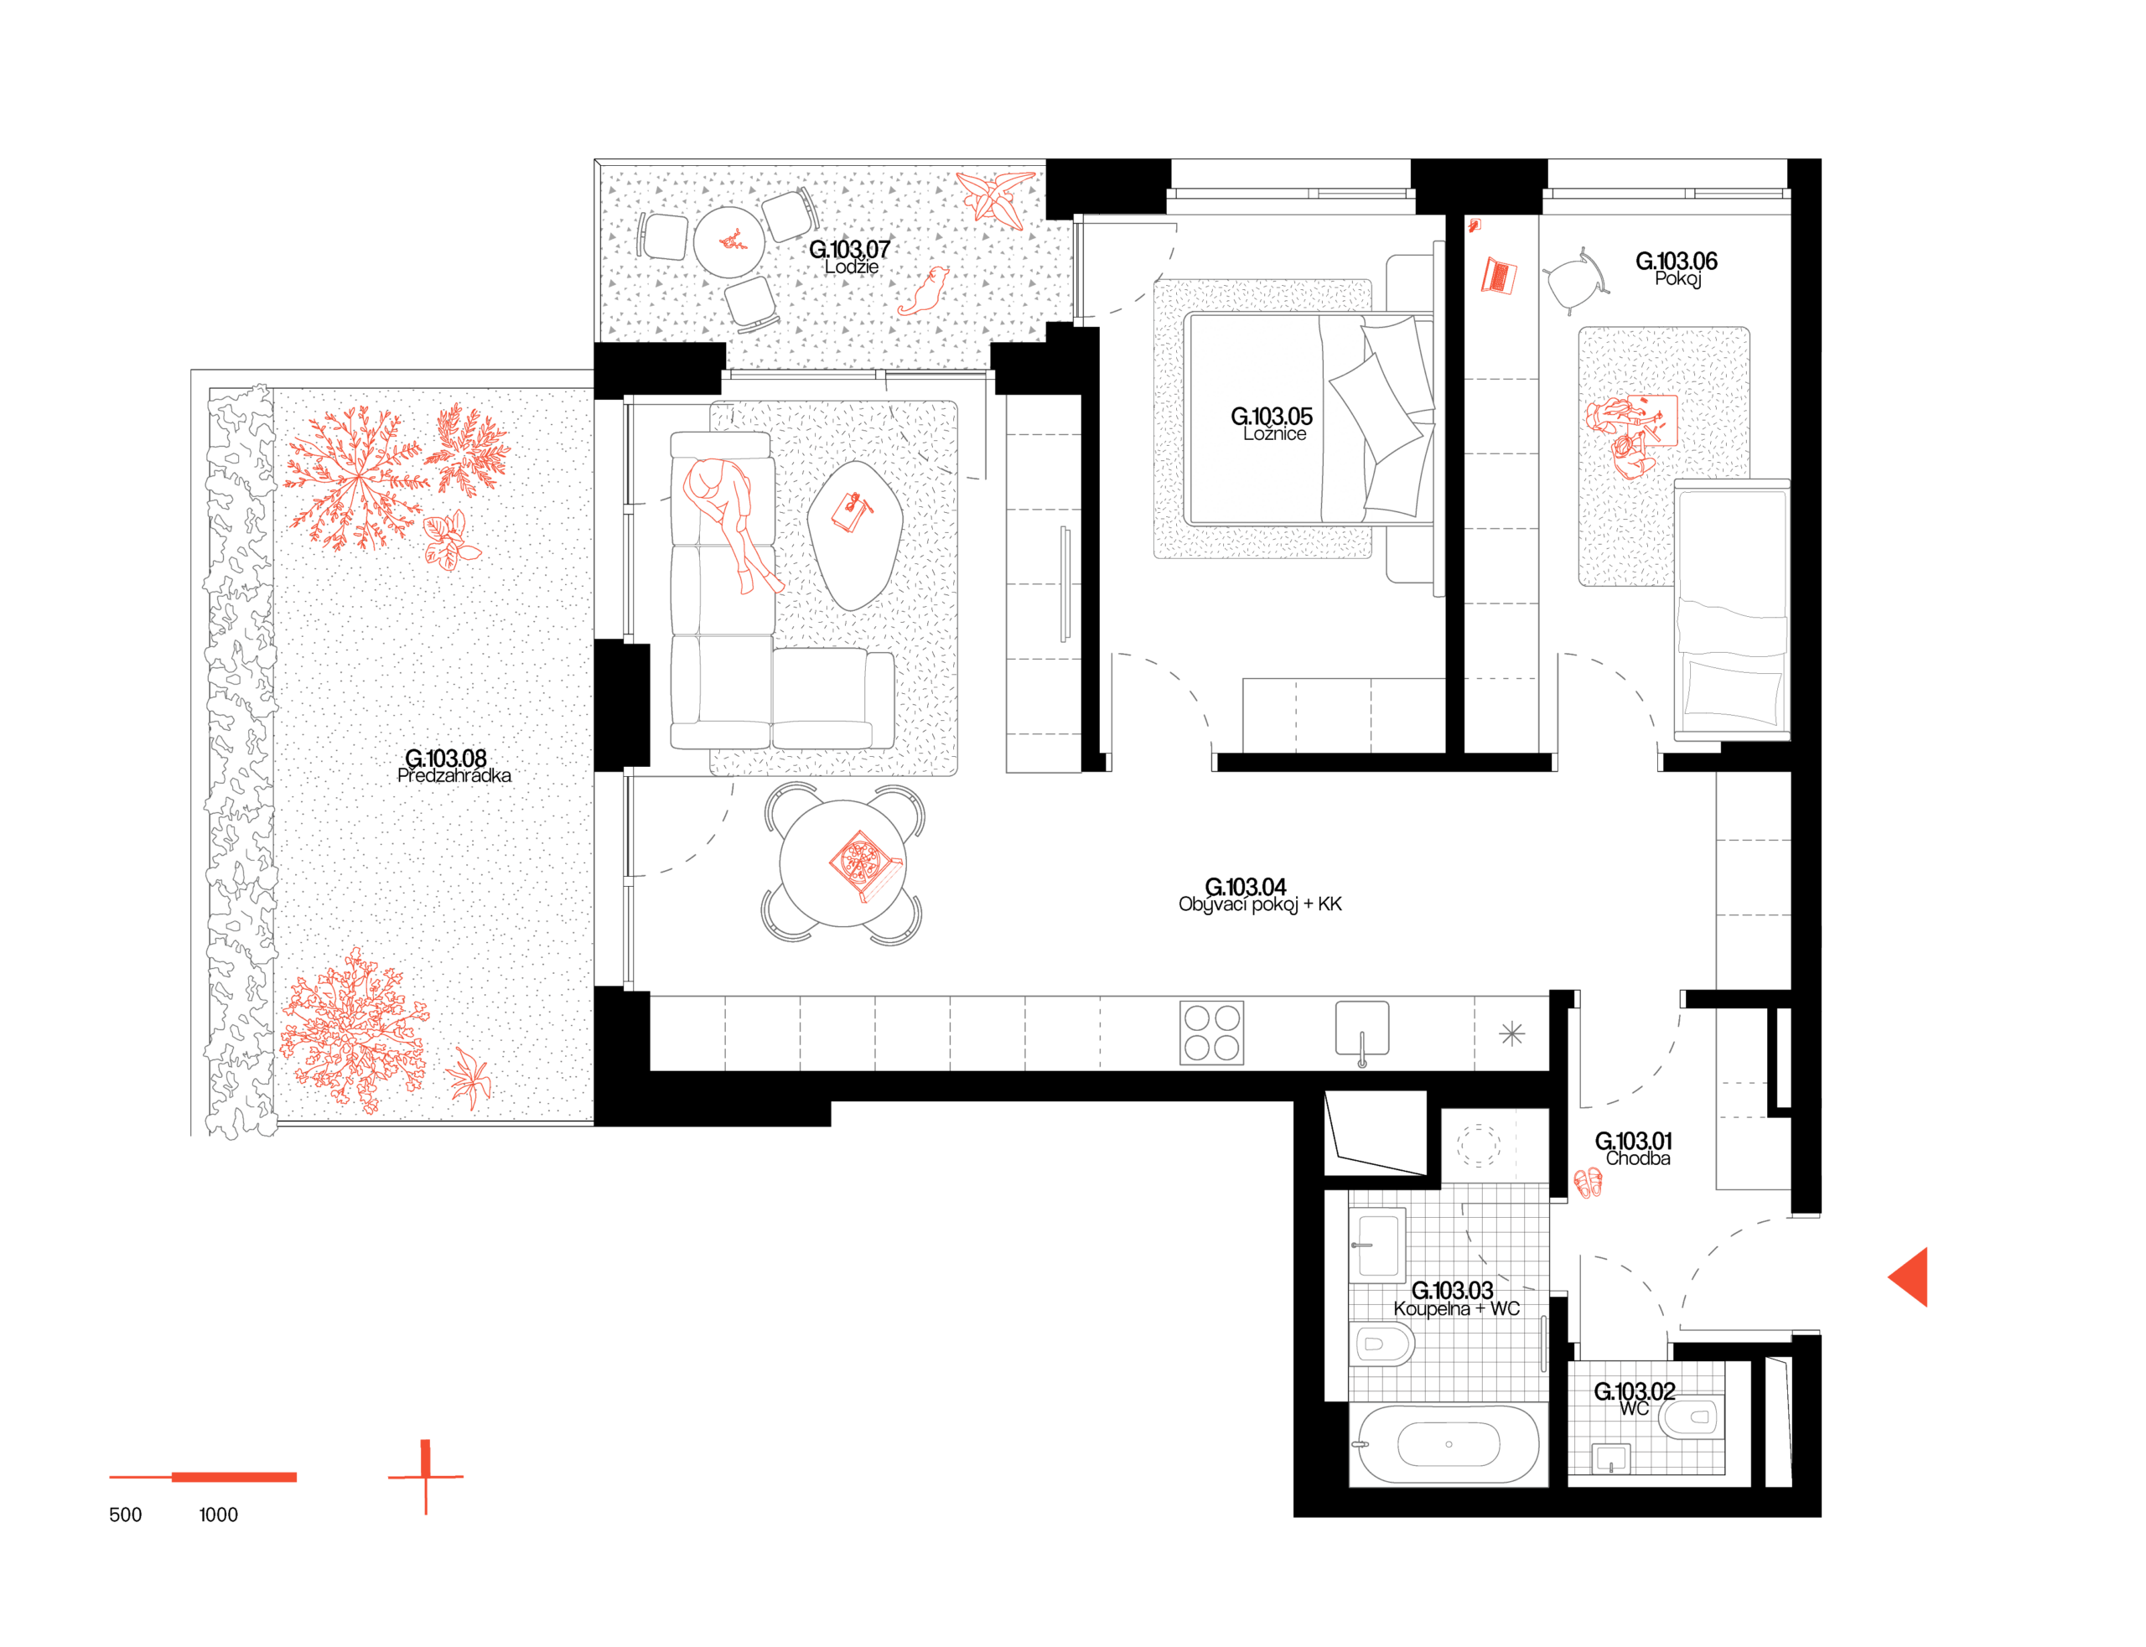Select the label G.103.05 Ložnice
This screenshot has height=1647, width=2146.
[x=1272, y=423]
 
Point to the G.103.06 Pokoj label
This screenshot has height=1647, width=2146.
[x=1676, y=268]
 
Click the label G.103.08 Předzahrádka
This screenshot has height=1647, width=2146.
[x=453, y=765]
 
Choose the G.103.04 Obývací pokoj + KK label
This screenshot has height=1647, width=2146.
[x=1259, y=894]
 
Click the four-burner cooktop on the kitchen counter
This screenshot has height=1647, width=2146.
[x=1210, y=1033]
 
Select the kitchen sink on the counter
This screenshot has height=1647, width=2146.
[x=1361, y=1030]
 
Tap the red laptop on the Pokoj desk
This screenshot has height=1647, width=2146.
[x=1497, y=276]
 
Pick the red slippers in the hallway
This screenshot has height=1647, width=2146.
[x=1586, y=1183]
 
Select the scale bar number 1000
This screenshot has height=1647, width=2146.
[x=218, y=1515]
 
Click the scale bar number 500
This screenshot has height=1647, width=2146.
[x=125, y=1515]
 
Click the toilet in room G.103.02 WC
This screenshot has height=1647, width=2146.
[x=1690, y=1417]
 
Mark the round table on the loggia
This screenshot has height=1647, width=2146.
[x=728, y=241]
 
